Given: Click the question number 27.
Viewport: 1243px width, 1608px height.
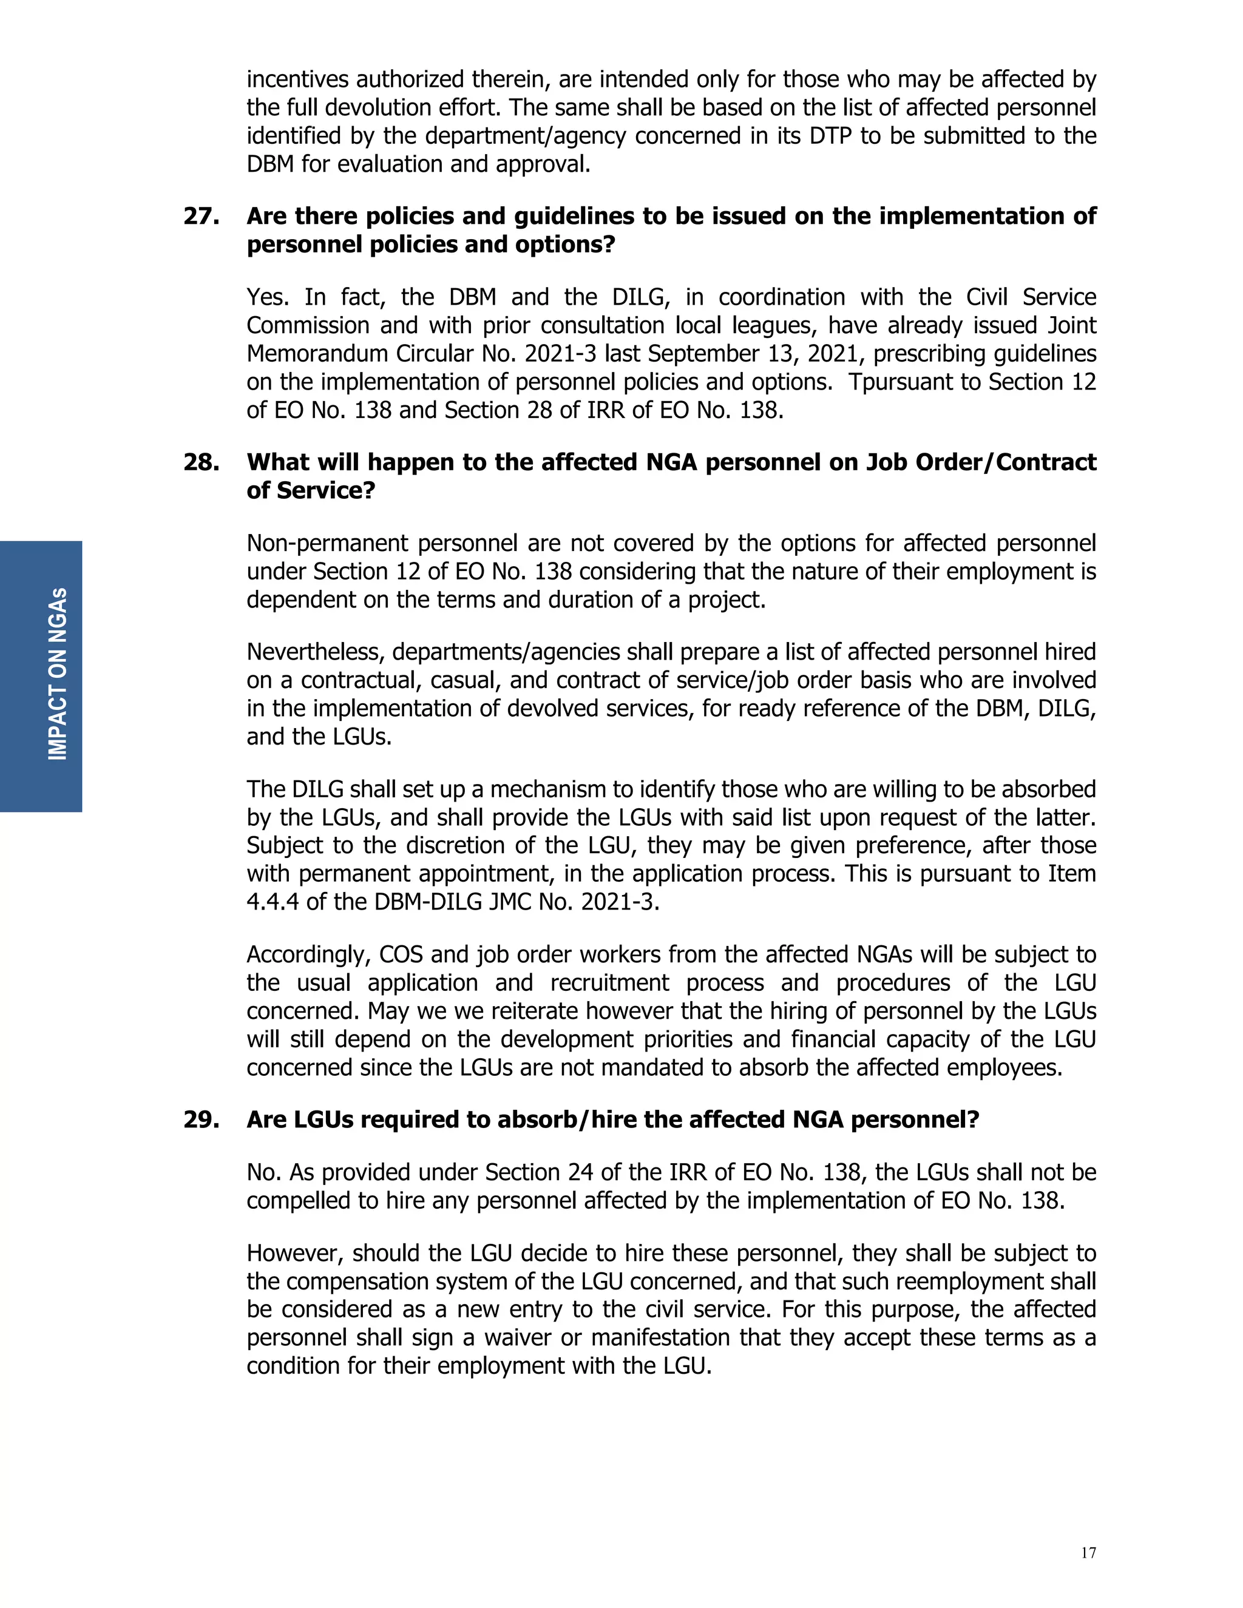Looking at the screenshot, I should [x=200, y=217].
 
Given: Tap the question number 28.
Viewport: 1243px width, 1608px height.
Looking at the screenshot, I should [x=200, y=462].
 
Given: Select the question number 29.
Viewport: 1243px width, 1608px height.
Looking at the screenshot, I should [x=200, y=1120].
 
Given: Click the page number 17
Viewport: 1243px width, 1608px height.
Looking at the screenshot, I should [x=1088, y=1553].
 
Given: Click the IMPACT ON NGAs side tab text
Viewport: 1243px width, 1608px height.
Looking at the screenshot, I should [x=58, y=674].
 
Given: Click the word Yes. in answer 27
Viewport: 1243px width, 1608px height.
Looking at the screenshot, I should [x=266, y=297].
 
